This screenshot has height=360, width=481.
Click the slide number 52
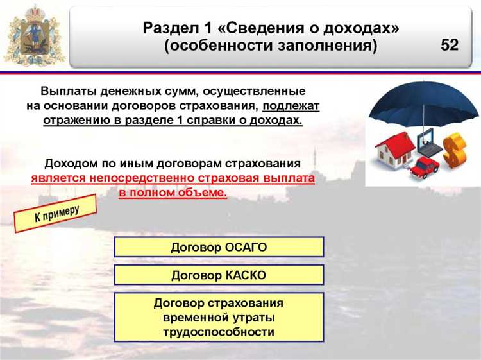point(450,45)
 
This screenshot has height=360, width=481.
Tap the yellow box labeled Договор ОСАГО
point(219,247)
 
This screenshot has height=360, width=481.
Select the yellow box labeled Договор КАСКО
point(219,275)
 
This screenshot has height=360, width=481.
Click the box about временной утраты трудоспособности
point(219,318)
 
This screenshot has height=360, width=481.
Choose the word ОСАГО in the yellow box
point(244,247)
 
